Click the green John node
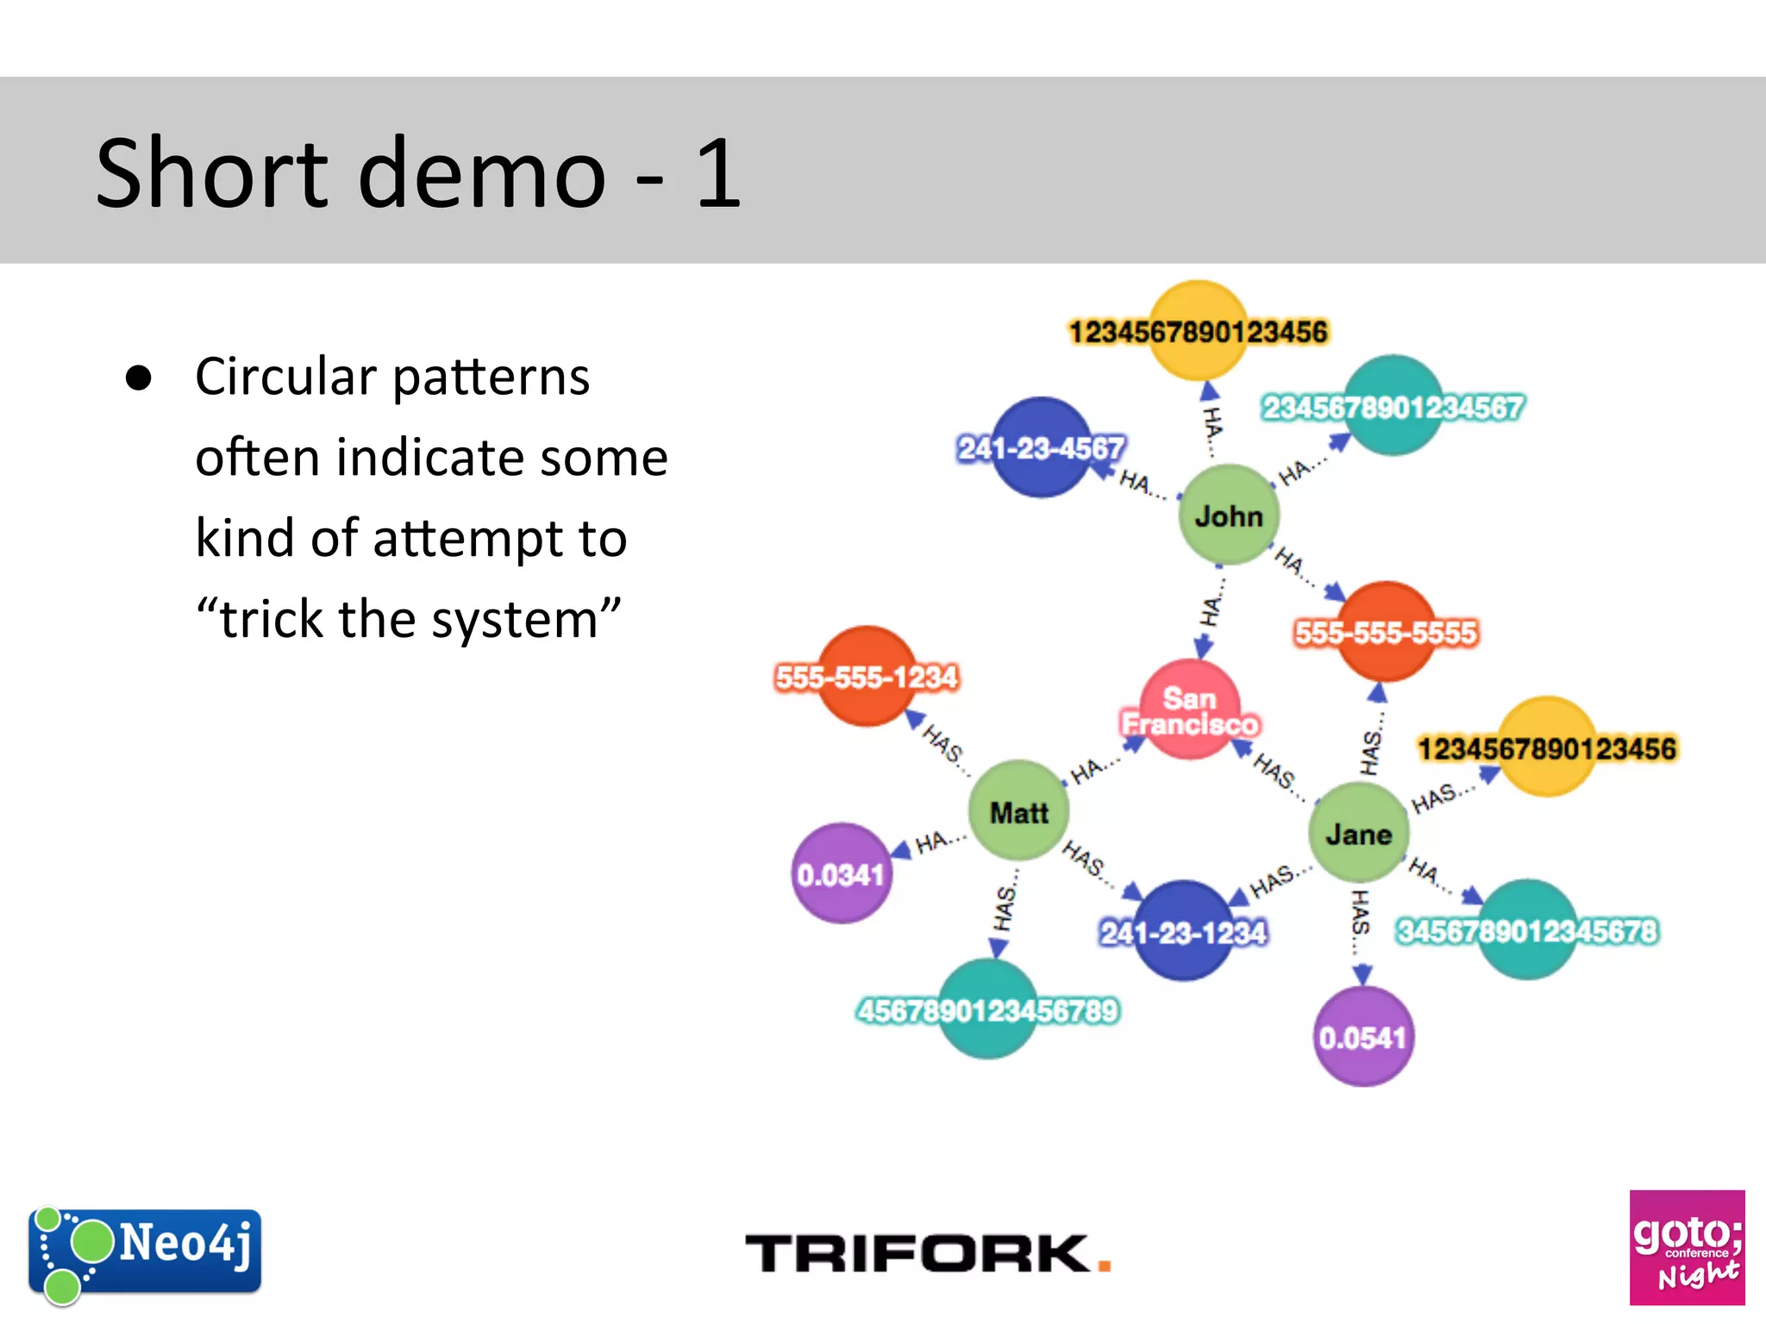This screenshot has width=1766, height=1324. coord(1229,515)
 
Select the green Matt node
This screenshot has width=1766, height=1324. coord(1018,811)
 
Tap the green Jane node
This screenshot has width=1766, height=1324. coord(1358,833)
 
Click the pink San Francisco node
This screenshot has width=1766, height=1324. coord(1190,709)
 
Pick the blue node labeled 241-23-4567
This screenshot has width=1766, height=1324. coord(1042,447)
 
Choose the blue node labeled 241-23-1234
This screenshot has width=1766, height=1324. coord(1183,931)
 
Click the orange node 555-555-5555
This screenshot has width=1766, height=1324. coord(1386,632)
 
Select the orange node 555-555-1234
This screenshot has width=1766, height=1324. coord(867,677)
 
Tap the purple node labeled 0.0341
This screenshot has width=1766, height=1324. coord(842,874)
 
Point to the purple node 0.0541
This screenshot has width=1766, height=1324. coord(1362,1037)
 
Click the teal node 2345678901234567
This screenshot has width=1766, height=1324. coord(1393,406)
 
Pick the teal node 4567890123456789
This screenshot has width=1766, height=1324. coord(987,1009)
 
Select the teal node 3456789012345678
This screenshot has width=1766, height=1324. coord(1527,930)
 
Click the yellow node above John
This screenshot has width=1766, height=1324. coord(1198,331)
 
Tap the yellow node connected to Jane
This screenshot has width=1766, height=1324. coord(1547,747)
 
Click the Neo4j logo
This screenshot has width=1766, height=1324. coord(145,1252)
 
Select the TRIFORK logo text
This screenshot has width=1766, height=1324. coord(927,1253)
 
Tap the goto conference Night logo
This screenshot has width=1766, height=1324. coord(1687,1247)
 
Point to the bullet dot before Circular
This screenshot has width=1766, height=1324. coord(139,378)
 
